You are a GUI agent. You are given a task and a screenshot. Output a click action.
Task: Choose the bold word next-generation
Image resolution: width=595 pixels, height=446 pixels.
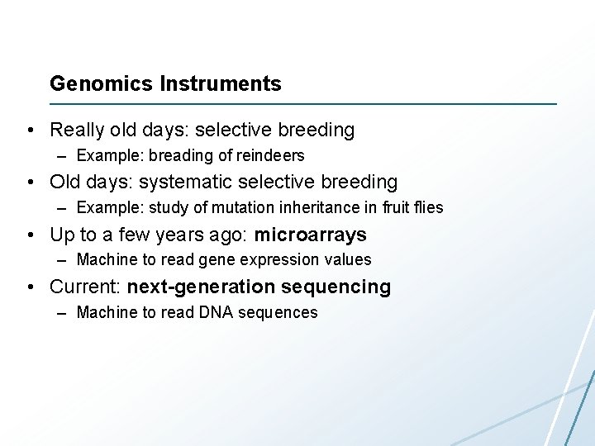pyautogui.click(x=201, y=287)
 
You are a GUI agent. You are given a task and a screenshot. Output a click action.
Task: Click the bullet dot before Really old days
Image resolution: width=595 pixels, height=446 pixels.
pyautogui.click(x=30, y=130)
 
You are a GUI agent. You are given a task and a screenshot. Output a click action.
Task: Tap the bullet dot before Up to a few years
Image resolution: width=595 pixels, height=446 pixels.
pyautogui.click(x=30, y=235)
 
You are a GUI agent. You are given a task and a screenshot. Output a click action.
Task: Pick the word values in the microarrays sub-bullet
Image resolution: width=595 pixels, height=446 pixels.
pyautogui.click(x=350, y=260)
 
